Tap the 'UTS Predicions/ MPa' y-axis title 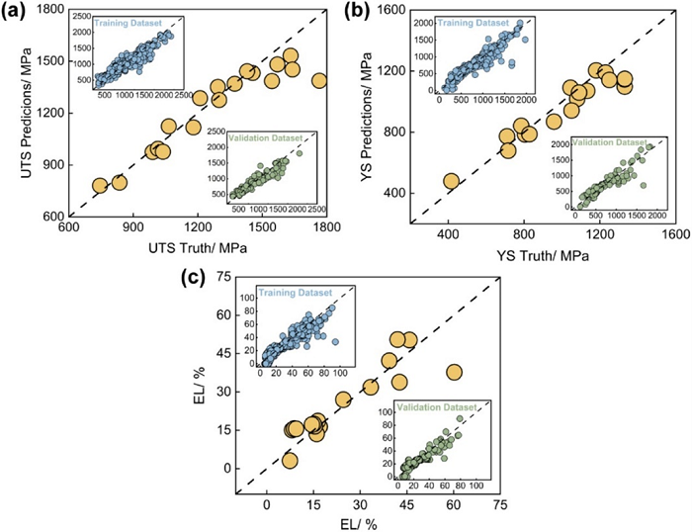[14, 114]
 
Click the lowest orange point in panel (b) [451, 181]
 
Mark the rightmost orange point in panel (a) [318, 80]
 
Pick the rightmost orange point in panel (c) [454, 372]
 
